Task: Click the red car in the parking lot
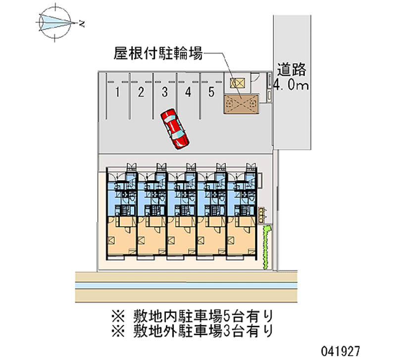click(174, 129)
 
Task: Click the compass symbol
click(56, 21)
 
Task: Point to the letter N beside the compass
click(81, 23)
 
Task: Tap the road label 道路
click(292, 70)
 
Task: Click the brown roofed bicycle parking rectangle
click(242, 104)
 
